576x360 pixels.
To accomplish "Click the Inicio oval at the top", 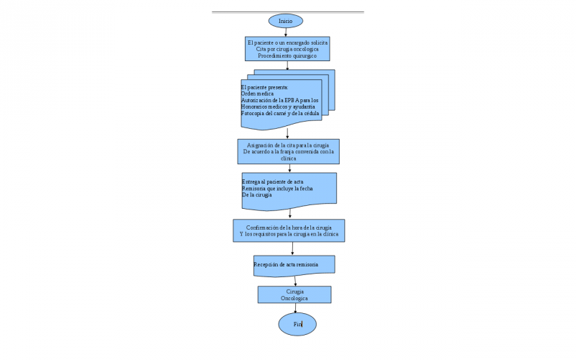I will pyautogui.click(x=285, y=21).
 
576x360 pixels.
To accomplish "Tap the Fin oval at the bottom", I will pyautogui.click(x=297, y=325).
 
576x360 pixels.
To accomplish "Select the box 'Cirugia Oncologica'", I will pyautogui.click(x=294, y=294).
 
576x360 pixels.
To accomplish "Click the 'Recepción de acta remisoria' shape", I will pyautogui.click(x=294, y=265).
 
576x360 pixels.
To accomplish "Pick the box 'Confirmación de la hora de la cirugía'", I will pyautogui.click(x=289, y=231).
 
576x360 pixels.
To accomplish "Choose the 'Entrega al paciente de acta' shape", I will pyautogui.click(x=289, y=189).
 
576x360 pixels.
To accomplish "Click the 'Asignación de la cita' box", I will pyautogui.click(x=288, y=152).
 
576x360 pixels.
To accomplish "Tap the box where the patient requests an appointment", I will pyautogui.click(x=287, y=49).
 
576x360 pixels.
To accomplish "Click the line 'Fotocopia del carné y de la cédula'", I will pyautogui.click(x=279, y=113).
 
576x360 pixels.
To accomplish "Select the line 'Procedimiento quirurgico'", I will pyautogui.click(x=287, y=55).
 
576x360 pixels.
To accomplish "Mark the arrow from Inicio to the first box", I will pyautogui.click(x=286, y=31).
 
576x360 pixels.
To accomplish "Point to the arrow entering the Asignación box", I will pyautogui.click(x=287, y=134).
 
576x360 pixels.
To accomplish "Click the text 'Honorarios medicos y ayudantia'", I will pyautogui.click(x=277, y=107).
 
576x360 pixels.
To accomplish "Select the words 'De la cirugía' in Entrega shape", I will pyautogui.click(x=257, y=194).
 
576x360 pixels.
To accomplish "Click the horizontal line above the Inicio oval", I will pyautogui.click(x=287, y=12).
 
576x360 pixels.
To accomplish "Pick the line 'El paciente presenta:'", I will pyautogui.click(x=264, y=87).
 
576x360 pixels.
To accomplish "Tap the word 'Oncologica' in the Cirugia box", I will pyautogui.click(x=294, y=297).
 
